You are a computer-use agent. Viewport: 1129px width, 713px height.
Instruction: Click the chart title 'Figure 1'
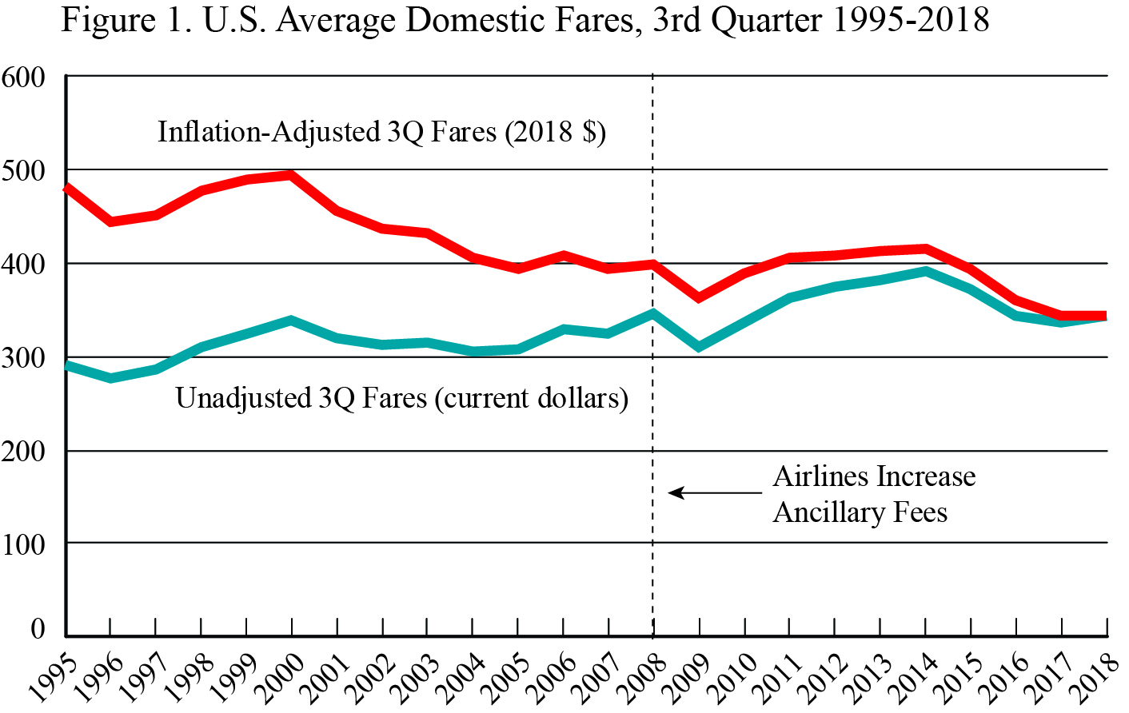525,19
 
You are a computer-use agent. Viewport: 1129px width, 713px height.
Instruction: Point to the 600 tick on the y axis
24,77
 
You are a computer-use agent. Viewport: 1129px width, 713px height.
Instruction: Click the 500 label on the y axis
24,170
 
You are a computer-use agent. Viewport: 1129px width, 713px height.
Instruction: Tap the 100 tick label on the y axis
24,544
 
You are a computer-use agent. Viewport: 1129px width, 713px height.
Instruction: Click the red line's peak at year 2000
291,175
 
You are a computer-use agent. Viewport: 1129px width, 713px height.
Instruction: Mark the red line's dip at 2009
699,297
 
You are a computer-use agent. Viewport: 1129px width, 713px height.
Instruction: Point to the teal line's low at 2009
699,347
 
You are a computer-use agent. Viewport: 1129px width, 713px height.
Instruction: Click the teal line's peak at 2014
925,272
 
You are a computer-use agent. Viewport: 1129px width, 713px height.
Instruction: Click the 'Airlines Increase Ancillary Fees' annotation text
873,494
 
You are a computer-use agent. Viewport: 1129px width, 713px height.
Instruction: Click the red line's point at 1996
110,221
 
